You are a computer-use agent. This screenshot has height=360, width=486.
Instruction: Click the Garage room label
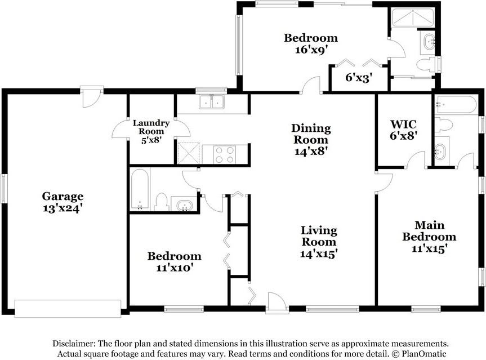click(x=63, y=202)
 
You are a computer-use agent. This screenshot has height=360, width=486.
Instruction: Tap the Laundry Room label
click(x=151, y=131)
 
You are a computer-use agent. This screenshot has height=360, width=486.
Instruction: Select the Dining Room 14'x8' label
click(x=311, y=140)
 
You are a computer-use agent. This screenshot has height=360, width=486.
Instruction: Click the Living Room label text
click(x=319, y=236)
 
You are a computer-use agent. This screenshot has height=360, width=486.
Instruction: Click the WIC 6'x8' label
click(x=403, y=130)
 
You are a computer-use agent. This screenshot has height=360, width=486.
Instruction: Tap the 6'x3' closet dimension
click(x=359, y=78)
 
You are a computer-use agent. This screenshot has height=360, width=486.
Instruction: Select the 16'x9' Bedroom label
click(x=311, y=43)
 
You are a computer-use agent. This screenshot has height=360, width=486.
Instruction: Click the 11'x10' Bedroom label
click(x=175, y=261)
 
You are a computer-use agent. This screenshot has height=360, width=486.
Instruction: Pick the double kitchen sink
click(x=212, y=102)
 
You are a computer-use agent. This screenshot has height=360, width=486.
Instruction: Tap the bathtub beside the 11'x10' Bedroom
click(x=140, y=190)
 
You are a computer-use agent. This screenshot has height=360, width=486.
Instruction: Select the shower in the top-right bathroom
click(x=412, y=18)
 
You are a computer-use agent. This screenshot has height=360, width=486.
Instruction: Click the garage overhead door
click(x=68, y=309)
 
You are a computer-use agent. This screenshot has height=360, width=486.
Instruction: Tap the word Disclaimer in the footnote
click(x=74, y=344)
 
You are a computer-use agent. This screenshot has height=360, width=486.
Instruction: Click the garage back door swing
click(x=91, y=98)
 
